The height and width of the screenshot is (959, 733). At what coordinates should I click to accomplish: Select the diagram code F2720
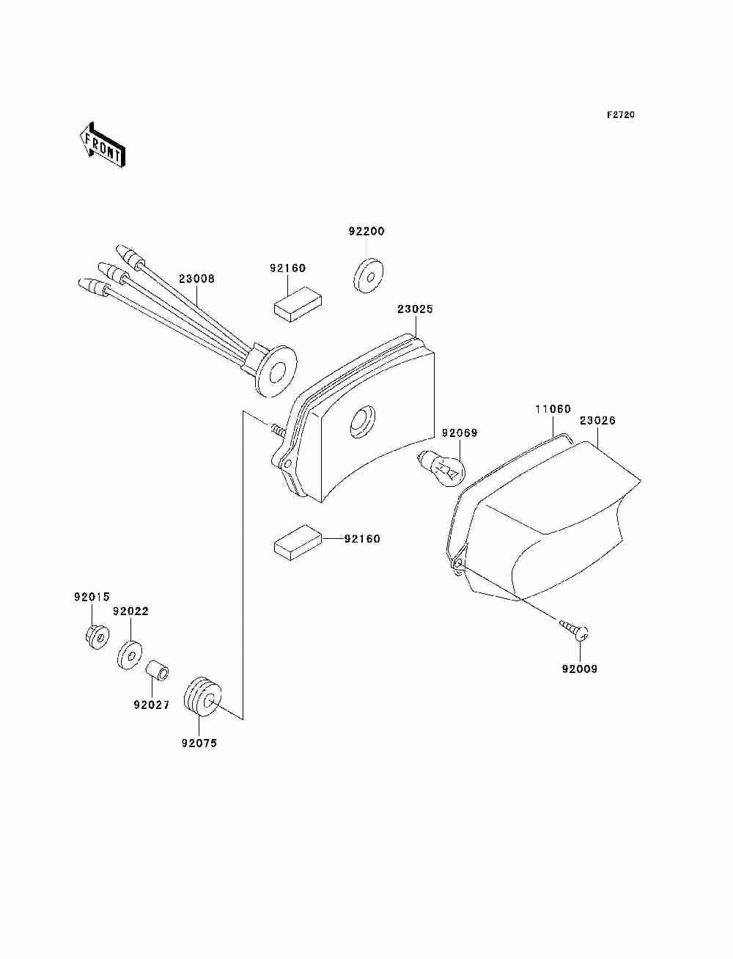(619, 115)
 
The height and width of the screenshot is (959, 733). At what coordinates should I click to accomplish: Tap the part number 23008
(196, 279)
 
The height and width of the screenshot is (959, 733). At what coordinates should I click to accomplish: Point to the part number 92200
(366, 232)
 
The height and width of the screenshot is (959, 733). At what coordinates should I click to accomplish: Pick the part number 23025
(415, 309)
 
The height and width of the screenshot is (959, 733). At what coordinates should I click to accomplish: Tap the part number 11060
(552, 410)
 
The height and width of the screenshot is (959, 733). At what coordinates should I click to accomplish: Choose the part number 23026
(597, 421)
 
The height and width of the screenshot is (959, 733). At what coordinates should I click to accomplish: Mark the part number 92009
(579, 669)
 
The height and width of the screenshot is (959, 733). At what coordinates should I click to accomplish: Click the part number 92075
(199, 743)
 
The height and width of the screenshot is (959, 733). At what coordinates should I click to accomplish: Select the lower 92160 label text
(362, 539)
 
